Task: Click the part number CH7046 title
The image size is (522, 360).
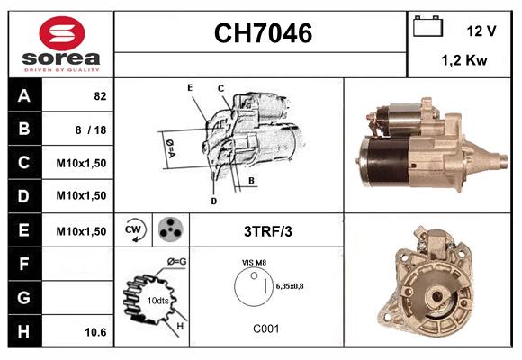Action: (x=263, y=34)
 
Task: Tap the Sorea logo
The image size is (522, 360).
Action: (x=61, y=43)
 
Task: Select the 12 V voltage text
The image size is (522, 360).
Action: (x=481, y=31)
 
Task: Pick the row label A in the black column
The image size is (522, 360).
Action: (x=23, y=95)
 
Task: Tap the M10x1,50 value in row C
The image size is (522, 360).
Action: (x=82, y=163)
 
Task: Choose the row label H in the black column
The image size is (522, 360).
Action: (x=23, y=331)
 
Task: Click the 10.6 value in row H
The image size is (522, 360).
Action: (x=95, y=332)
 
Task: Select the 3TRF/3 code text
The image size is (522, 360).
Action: (x=268, y=231)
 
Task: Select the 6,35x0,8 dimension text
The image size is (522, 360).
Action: (x=291, y=286)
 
